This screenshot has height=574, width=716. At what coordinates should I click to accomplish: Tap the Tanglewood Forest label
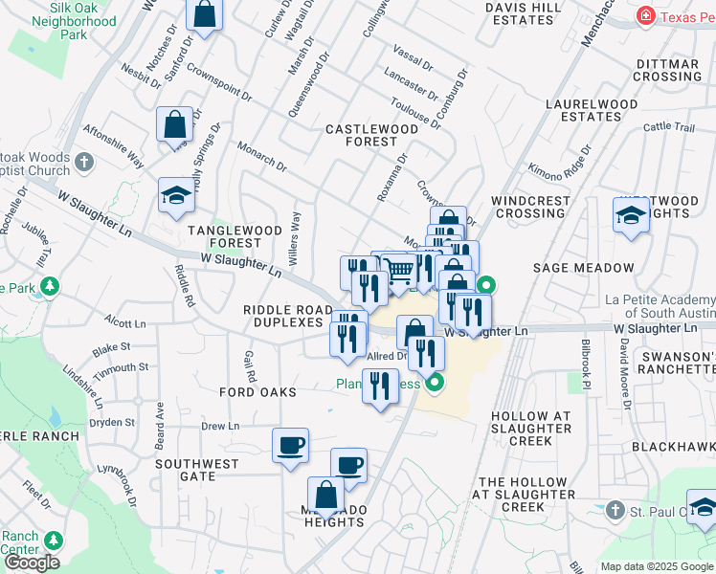(235, 237)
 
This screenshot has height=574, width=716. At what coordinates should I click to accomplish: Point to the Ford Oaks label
(257, 392)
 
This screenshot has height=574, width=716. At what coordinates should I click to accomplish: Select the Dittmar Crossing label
(668, 70)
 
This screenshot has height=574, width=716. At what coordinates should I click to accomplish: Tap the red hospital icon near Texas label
(647, 15)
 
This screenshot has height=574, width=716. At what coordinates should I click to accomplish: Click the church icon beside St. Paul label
(614, 511)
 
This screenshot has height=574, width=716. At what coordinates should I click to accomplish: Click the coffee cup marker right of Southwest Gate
(290, 445)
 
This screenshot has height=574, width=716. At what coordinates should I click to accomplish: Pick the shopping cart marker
(400, 272)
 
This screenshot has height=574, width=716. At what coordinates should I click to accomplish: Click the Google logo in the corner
(31, 563)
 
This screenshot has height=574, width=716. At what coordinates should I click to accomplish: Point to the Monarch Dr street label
(262, 156)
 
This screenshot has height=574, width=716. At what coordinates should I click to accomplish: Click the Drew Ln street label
(219, 427)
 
